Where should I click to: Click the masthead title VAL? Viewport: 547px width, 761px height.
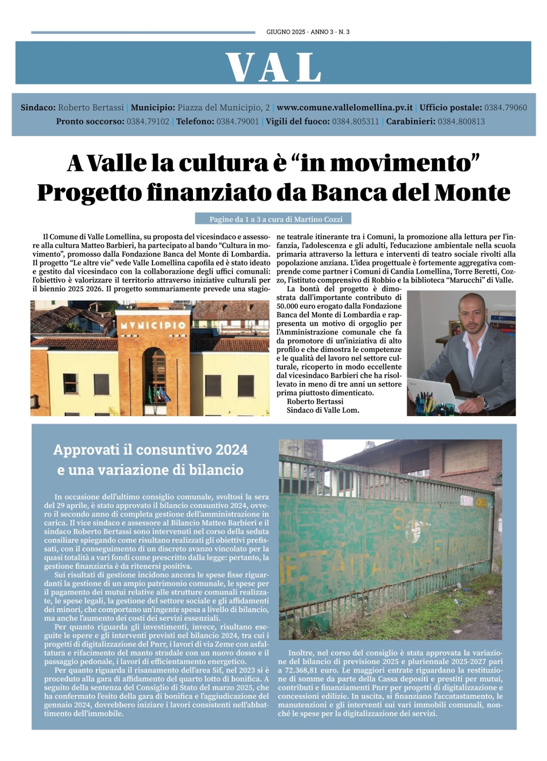coord(273,67)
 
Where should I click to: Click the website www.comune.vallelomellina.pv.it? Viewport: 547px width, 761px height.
coord(345,107)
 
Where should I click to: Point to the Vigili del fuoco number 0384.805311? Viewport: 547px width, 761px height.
coord(355,121)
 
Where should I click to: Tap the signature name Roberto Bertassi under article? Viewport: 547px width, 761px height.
coord(315,401)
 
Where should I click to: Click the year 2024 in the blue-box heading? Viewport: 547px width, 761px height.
coord(231,449)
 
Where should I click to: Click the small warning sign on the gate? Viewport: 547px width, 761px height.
coord(484,503)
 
